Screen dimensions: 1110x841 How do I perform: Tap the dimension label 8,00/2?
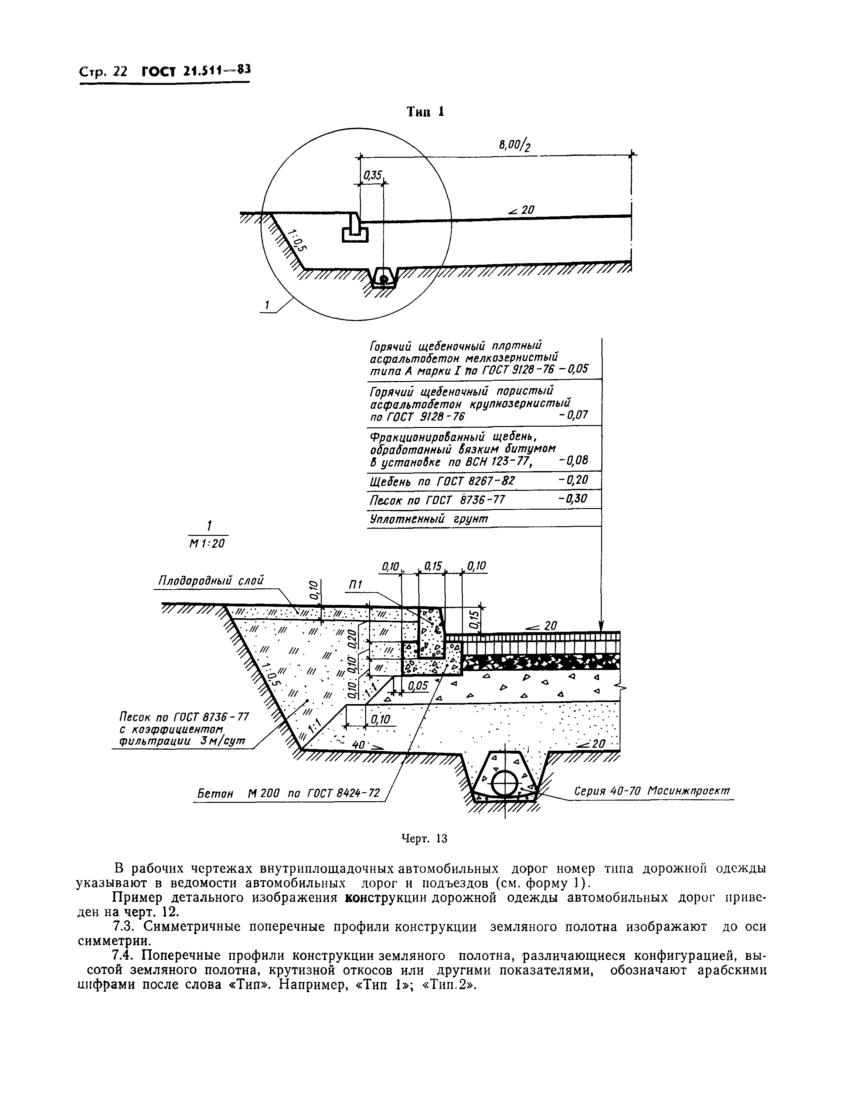514,145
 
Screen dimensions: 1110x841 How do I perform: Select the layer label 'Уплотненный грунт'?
428,518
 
